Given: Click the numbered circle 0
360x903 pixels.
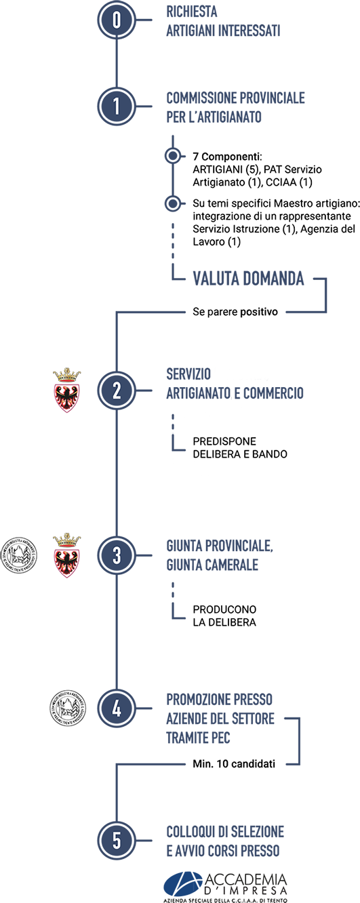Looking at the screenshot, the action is point(117,20).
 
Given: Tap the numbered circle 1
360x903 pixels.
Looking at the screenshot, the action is point(117,106).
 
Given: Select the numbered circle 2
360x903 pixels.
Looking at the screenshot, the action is point(117,390).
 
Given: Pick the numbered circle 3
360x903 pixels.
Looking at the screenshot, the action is point(117,555).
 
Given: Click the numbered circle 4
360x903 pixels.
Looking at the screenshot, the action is point(117,708).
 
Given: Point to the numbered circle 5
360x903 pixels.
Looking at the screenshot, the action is point(117,841).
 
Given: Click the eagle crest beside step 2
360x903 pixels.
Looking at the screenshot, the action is point(67,390).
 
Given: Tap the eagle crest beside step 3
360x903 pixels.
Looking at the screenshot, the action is point(67,555).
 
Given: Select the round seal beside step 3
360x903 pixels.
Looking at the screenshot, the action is point(18,555).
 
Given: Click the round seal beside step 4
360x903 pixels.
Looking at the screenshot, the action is point(67,708).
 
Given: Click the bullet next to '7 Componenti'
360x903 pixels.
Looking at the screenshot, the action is point(173,156).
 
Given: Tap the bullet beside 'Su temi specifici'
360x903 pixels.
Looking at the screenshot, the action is point(173,203).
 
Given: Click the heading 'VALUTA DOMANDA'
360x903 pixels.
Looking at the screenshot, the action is point(248,279).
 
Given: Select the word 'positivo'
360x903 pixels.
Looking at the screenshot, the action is point(259,312).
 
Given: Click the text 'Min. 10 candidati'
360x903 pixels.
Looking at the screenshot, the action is point(234,764).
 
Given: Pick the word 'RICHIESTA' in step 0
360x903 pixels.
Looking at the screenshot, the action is point(192,12).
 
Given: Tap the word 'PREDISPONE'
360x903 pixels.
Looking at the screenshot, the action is point(224,441).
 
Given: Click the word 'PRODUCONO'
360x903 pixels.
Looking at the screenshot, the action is point(224,609).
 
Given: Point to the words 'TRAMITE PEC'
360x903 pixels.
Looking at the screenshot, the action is point(199,738).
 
